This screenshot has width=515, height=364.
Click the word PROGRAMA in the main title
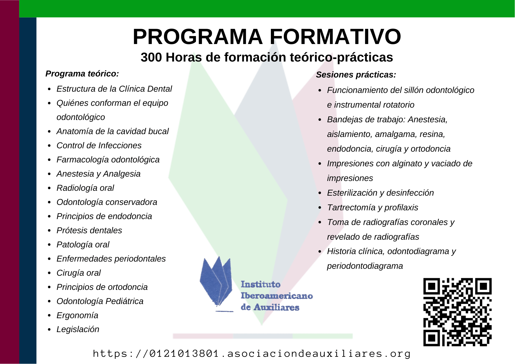click(x=198, y=37)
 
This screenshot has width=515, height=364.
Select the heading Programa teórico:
click(x=82, y=74)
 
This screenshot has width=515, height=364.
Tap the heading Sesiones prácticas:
click(x=356, y=75)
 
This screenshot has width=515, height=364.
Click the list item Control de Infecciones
click(x=99, y=145)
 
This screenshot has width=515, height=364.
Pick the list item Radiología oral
click(x=85, y=188)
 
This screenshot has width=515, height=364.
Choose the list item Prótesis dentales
click(x=89, y=230)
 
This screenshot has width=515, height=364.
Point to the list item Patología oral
click(x=83, y=245)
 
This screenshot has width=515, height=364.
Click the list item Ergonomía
click(x=77, y=316)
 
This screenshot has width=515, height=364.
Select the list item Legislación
click(x=78, y=330)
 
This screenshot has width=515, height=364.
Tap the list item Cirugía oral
click(x=79, y=273)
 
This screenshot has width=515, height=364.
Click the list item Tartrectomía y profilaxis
click(x=373, y=207)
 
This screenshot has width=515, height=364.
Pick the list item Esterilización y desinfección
click(x=380, y=193)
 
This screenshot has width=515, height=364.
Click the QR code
click(x=458, y=312)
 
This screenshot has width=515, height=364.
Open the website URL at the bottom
click(x=252, y=354)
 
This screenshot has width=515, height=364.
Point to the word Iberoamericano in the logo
click(x=277, y=296)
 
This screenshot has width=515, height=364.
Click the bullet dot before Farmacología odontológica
click(x=49, y=160)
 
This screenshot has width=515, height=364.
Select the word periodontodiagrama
click(x=365, y=266)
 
